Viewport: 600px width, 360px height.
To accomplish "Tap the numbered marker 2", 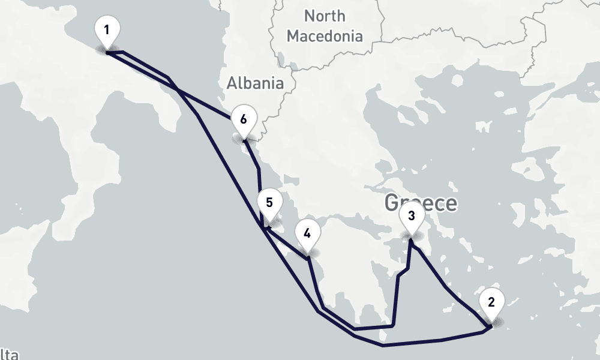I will pyautogui.click(x=491, y=302).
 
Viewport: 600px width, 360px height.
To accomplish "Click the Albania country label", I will pyautogui.click(x=255, y=83).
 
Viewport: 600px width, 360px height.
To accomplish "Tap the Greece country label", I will pyautogui.click(x=421, y=203).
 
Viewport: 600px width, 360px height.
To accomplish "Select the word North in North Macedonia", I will pyautogui.click(x=325, y=16).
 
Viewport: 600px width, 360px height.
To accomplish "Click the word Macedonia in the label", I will pyautogui.click(x=325, y=36).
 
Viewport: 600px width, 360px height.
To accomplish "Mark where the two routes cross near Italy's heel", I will pyautogui.click(x=178, y=89).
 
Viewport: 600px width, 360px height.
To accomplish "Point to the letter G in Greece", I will pyautogui.click(x=392, y=203).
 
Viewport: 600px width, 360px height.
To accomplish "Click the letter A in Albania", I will pyautogui.click(x=232, y=83).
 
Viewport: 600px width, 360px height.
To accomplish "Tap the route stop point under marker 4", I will pyautogui.click(x=308, y=258).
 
